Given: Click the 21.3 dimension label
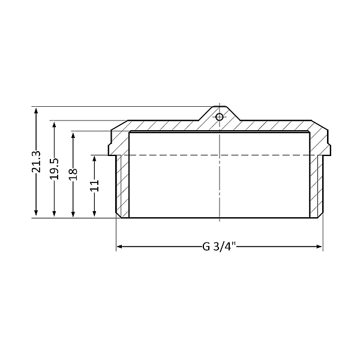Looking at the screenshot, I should (x=37, y=163).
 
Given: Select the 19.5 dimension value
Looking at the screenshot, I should (x=55, y=169).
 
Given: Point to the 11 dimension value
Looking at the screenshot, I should (x=94, y=186).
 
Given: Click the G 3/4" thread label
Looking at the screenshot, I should (x=220, y=246).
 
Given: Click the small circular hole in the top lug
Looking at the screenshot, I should (x=220, y=116).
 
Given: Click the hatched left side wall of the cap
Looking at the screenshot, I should (x=122, y=186).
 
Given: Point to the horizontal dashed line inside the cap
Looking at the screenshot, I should (x=180, y=155).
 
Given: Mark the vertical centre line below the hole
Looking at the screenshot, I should (x=220, y=180).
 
